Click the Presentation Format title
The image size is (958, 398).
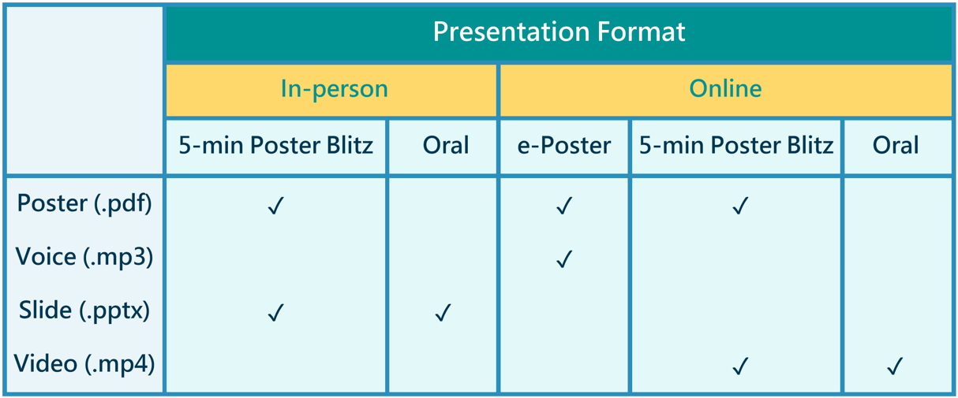coord(559,32)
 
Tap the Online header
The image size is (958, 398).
coord(725,88)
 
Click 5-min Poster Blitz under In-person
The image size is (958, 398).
coord(276,145)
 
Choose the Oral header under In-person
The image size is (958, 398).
coord(446,145)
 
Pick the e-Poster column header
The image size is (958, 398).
coord(563,146)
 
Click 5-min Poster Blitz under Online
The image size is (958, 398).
coord(736,145)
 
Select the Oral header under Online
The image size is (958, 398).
coord(896,145)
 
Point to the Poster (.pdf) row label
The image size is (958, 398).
coord(84,203)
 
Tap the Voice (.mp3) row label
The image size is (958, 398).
coord(84,257)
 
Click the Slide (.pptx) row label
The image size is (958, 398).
coord(84,311)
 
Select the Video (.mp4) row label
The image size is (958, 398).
coord(84,364)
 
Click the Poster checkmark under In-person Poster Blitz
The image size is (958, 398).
coord(276,206)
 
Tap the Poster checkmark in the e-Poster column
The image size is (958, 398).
coord(564,206)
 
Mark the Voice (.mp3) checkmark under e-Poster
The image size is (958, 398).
coord(564,259)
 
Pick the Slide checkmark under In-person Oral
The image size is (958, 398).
coord(443,313)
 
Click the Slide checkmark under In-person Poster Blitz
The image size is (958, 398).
coord(276,313)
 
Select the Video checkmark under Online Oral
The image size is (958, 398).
coord(895,366)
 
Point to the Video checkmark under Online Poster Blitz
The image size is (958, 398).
coord(740,366)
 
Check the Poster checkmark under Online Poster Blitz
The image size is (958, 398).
coord(740,206)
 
